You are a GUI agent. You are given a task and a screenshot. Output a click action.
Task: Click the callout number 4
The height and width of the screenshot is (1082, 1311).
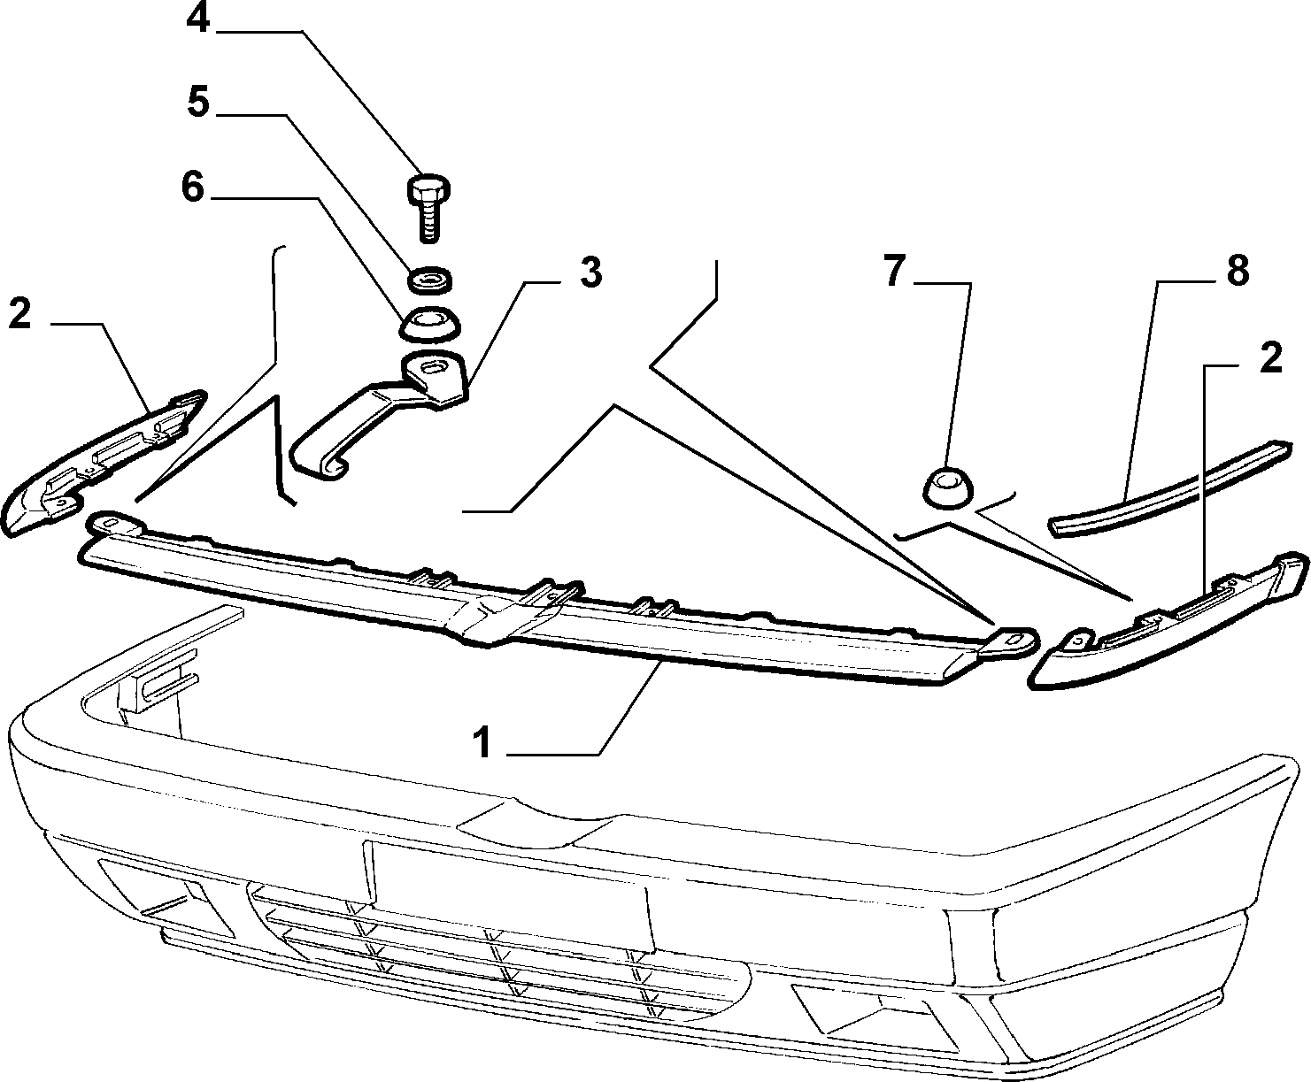coord(198,19)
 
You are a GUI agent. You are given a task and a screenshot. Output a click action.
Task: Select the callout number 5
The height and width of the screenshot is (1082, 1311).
coord(198,102)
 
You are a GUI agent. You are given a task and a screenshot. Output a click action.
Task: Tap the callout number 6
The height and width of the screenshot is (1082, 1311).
coord(193,187)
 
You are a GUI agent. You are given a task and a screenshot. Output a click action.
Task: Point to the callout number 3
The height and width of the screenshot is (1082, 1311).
coord(590,272)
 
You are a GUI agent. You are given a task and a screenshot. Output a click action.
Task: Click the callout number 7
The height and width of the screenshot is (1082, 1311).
coord(895,272)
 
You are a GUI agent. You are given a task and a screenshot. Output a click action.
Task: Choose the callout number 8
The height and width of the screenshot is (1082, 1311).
coord(1238,271)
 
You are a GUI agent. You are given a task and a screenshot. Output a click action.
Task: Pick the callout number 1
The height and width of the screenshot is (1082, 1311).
coord(482,742)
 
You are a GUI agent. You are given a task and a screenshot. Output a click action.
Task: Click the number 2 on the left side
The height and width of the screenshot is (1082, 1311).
coord(19,314)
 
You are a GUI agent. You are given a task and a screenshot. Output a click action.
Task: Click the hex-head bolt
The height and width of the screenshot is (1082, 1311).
coord(428,206)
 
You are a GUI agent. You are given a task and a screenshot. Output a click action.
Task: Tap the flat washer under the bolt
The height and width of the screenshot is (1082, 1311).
coord(430,280)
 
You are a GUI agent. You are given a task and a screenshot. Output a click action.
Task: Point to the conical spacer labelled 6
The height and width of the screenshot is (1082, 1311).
coord(430,324)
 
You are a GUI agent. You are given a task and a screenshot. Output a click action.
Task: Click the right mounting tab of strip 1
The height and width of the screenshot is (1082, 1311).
coord(1006,642)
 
